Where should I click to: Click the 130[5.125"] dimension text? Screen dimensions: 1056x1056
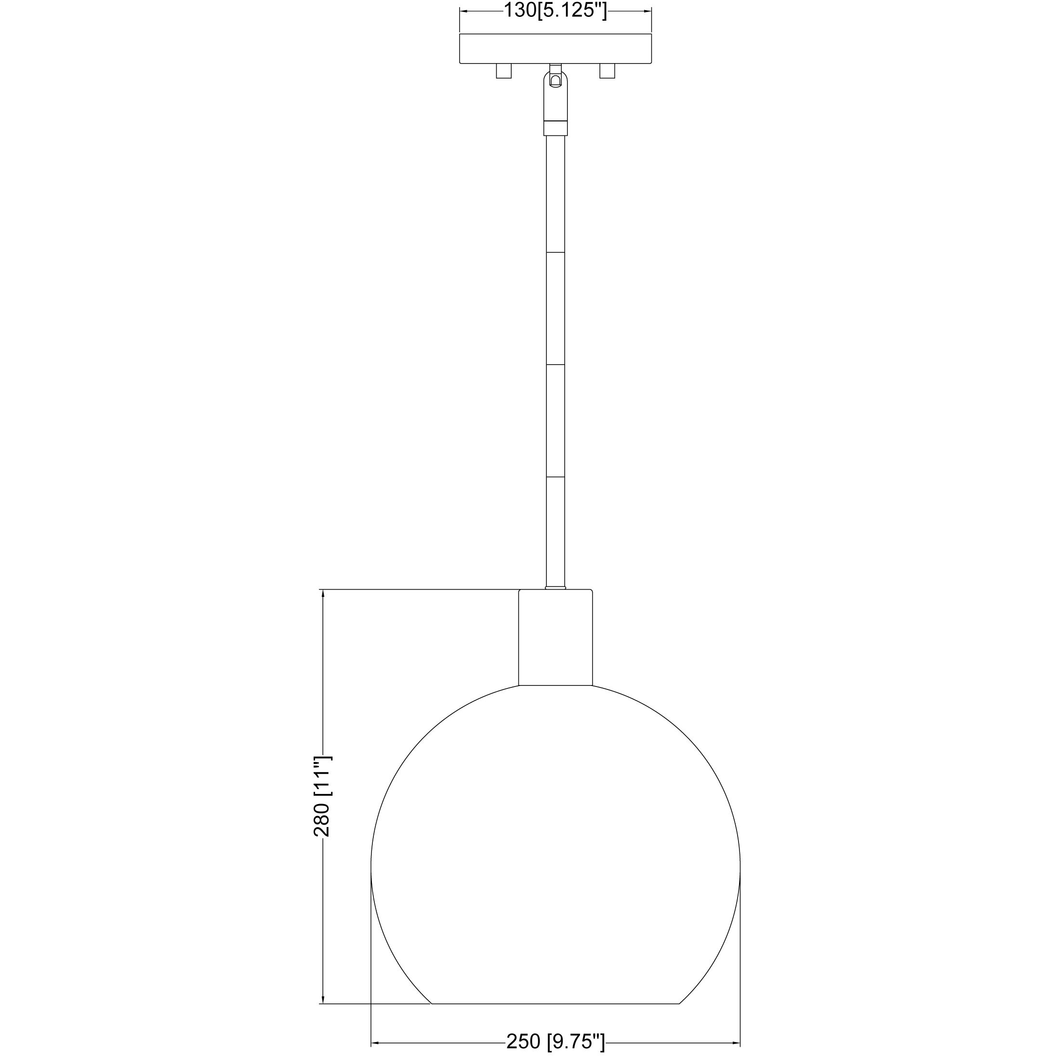click(x=555, y=11)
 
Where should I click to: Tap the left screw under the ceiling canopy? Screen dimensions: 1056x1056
click(x=503, y=72)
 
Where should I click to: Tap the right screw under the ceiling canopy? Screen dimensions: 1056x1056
click(x=607, y=72)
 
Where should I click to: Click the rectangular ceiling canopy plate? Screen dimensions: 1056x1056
click(x=555, y=49)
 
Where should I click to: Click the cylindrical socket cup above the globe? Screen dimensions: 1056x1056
click(x=555, y=637)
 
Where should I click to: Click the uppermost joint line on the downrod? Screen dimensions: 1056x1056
click(x=555, y=252)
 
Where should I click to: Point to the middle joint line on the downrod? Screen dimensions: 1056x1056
click(x=555, y=364)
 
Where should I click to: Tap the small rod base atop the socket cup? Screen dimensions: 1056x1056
click(x=555, y=588)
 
